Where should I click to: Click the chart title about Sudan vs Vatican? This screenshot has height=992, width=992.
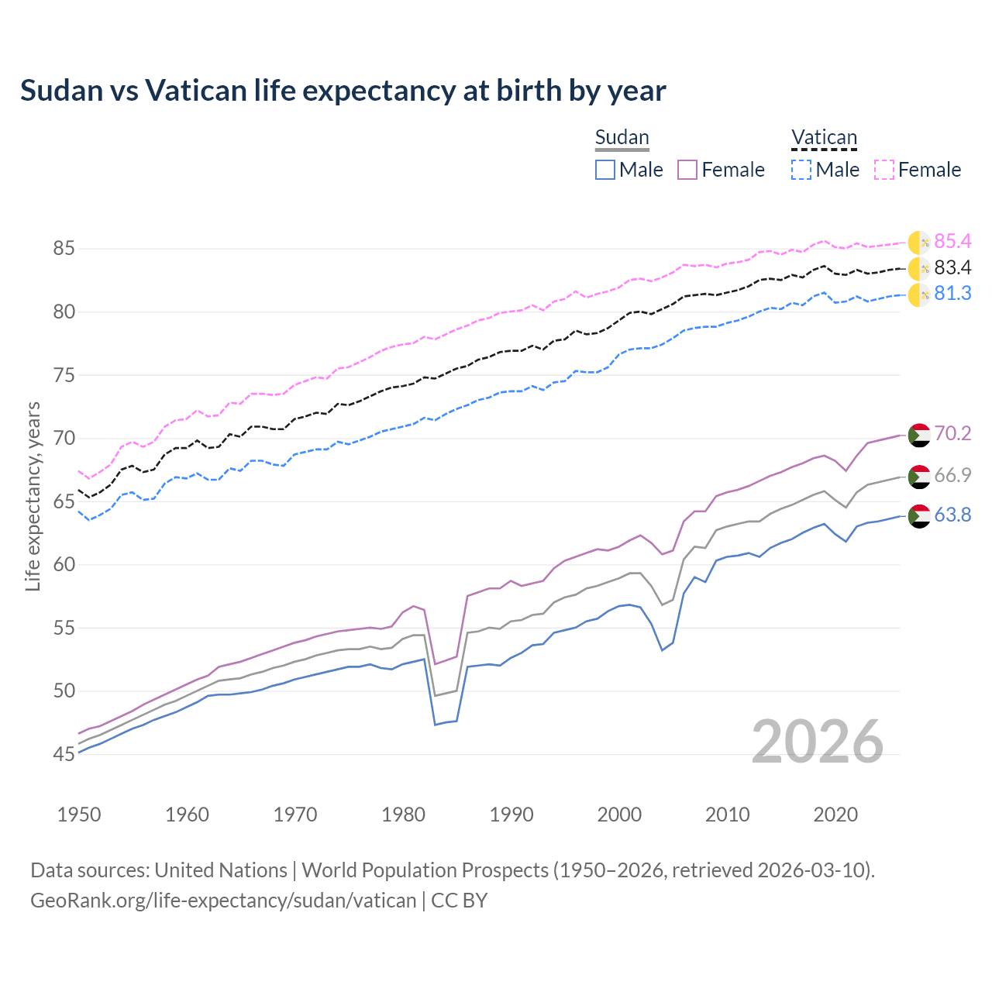point(343,91)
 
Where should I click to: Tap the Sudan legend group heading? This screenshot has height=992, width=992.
point(622,137)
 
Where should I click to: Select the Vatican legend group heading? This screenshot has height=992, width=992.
point(824,137)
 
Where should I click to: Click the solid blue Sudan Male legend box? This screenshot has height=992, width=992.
point(605,170)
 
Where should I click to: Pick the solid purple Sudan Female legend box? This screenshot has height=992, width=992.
point(687,170)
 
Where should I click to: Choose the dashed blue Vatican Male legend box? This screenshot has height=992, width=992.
point(801,170)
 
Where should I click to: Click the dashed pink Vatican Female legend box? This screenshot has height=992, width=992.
point(884,170)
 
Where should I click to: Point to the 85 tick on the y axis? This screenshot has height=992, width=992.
point(64,249)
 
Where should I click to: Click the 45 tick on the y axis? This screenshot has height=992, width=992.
point(64,754)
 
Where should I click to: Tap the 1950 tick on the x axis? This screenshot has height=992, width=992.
point(79,815)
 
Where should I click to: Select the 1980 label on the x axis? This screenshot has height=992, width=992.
point(403,815)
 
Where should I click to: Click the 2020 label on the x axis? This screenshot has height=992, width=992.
point(835,815)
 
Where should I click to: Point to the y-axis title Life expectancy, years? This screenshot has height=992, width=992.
point(33,496)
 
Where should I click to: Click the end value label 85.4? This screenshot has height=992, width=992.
point(952,242)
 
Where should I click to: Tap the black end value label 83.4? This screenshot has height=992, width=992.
point(952,268)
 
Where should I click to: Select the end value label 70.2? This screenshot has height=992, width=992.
point(952,434)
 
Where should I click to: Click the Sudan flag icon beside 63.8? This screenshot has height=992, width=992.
point(919,515)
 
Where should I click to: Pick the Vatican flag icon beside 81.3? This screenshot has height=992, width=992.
point(919,294)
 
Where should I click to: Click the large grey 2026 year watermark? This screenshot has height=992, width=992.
point(817,742)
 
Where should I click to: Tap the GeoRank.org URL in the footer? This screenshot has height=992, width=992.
point(223,901)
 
